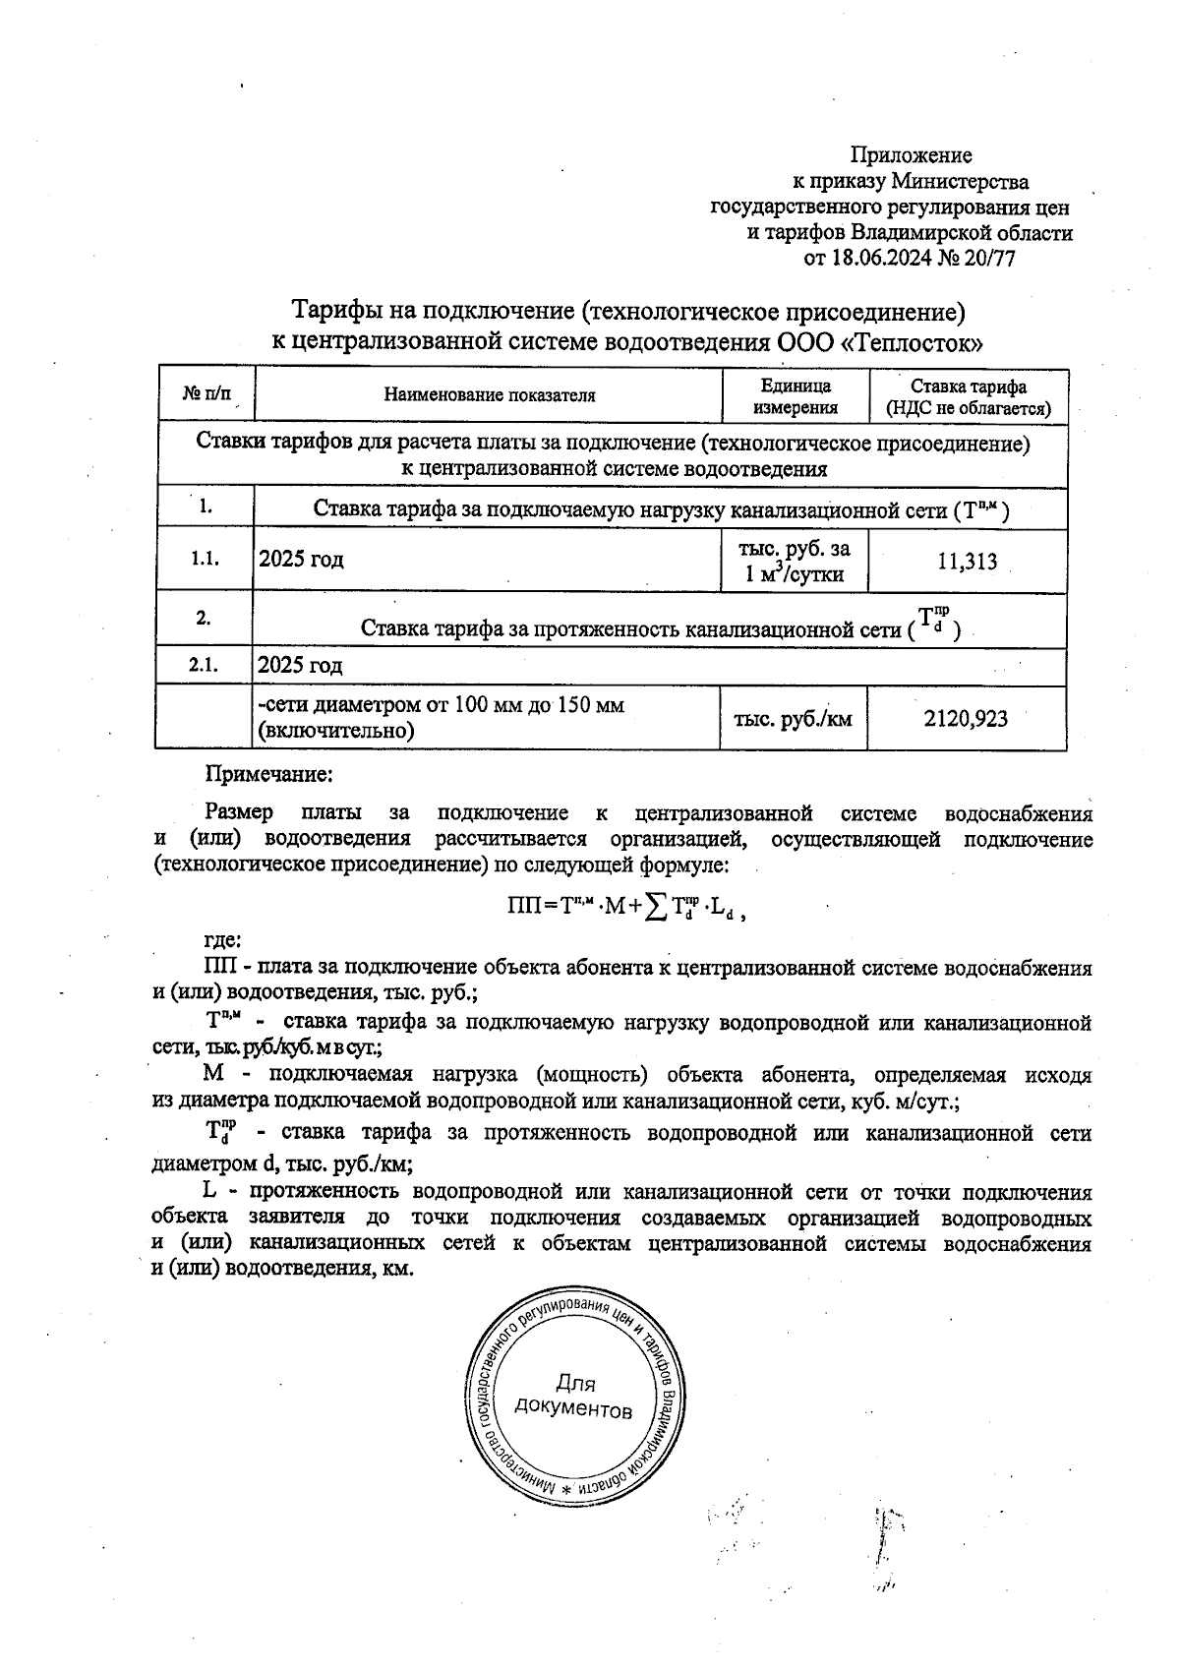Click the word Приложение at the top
tap(911, 155)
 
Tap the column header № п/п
tap(206, 395)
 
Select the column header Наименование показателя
tap(489, 396)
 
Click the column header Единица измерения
tap(796, 396)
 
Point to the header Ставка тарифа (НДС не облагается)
tap(969, 396)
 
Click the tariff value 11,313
tap(968, 562)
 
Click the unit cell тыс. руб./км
tap(793, 719)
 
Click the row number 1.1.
tap(204, 559)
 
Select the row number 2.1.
tap(204, 666)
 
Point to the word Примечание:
tap(268, 774)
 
